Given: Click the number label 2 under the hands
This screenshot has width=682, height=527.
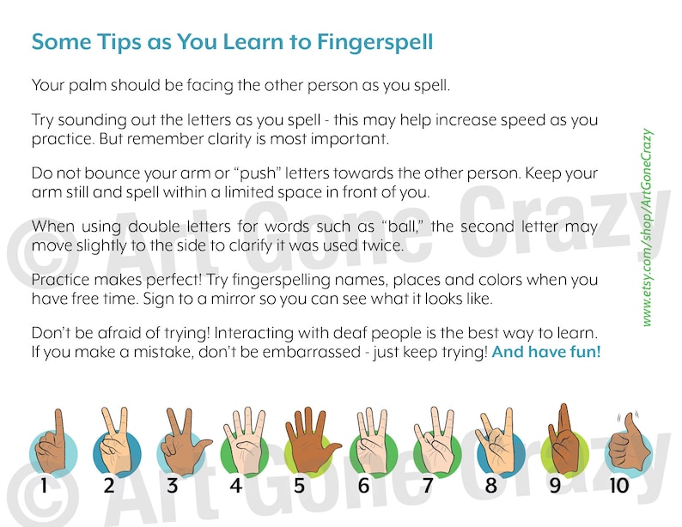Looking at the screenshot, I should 109,486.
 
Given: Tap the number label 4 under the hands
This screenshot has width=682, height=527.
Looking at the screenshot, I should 235,486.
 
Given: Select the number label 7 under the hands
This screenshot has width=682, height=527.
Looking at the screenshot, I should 427,486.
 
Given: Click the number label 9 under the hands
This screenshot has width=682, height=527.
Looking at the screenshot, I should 555,486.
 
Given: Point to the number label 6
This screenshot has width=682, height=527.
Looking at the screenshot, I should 363,486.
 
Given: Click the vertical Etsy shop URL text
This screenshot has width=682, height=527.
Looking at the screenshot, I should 647,227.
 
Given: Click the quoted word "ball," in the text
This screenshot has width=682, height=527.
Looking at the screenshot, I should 408,227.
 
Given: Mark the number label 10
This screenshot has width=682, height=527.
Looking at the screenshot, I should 618,486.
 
